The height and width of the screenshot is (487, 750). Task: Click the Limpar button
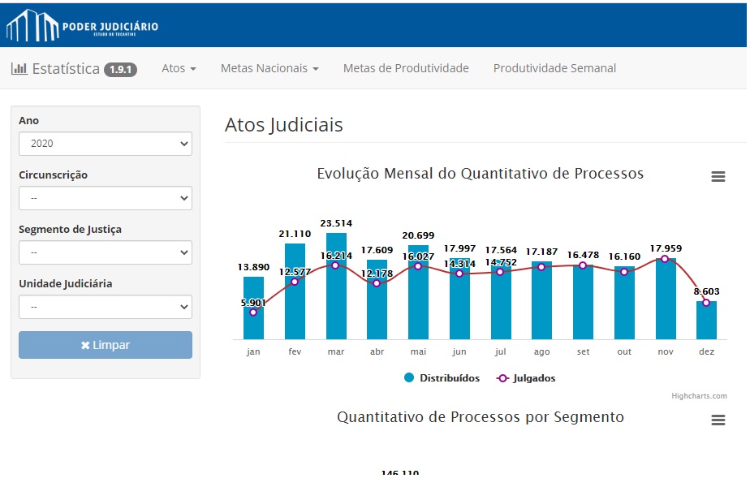[x=106, y=345]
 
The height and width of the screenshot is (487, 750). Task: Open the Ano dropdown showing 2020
[x=106, y=144]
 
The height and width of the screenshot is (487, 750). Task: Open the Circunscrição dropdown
[x=106, y=198]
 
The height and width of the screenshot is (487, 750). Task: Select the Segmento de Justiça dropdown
[x=106, y=252]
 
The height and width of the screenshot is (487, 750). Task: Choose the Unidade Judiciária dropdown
[x=106, y=307]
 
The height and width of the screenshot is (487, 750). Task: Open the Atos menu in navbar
[x=179, y=68]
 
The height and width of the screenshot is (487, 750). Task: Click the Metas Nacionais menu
[x=269, y=68]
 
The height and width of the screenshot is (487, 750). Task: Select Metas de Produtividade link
[x=406, y=68]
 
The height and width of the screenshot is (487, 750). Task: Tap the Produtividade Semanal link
[x=554, y=68]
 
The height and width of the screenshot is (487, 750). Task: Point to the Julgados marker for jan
[x=253, y=312]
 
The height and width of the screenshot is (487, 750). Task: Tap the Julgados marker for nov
[x=665, y=259]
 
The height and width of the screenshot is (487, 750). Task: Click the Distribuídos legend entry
[x=442, y=378]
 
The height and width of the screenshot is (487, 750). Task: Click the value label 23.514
[x=336, y=223]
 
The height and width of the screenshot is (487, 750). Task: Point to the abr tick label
[x=377, y=352]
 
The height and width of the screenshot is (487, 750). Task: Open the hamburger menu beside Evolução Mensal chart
[x=718, y=176]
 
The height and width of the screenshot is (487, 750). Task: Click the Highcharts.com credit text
[x=699, y=396]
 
